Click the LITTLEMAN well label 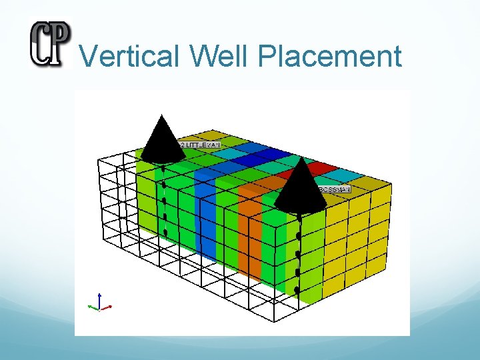pyautogui.click(x=200, y=144)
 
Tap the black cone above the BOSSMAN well pyautogui.click(x=300, y=187)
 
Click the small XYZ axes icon pyautogui.click(x=99, y=303)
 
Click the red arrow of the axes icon pyautogui.click(x=107, y=307)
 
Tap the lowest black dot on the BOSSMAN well pyautogui.click(x=297, y=290)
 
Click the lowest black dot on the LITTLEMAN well pyautogui.click(x=165, y=232)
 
